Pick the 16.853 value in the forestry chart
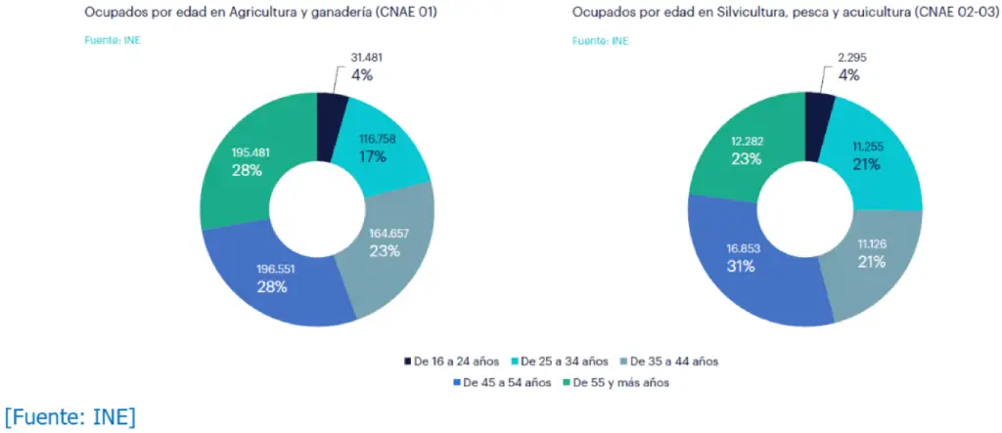(741, 248)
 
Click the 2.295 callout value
(852, 57)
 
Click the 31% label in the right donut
(741, 266)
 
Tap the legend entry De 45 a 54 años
(502, 382)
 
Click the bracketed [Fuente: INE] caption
(70, 417)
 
